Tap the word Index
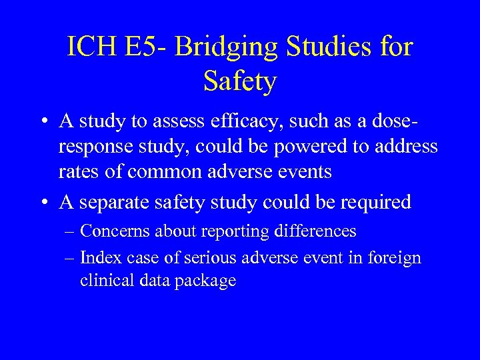[99, 257]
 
